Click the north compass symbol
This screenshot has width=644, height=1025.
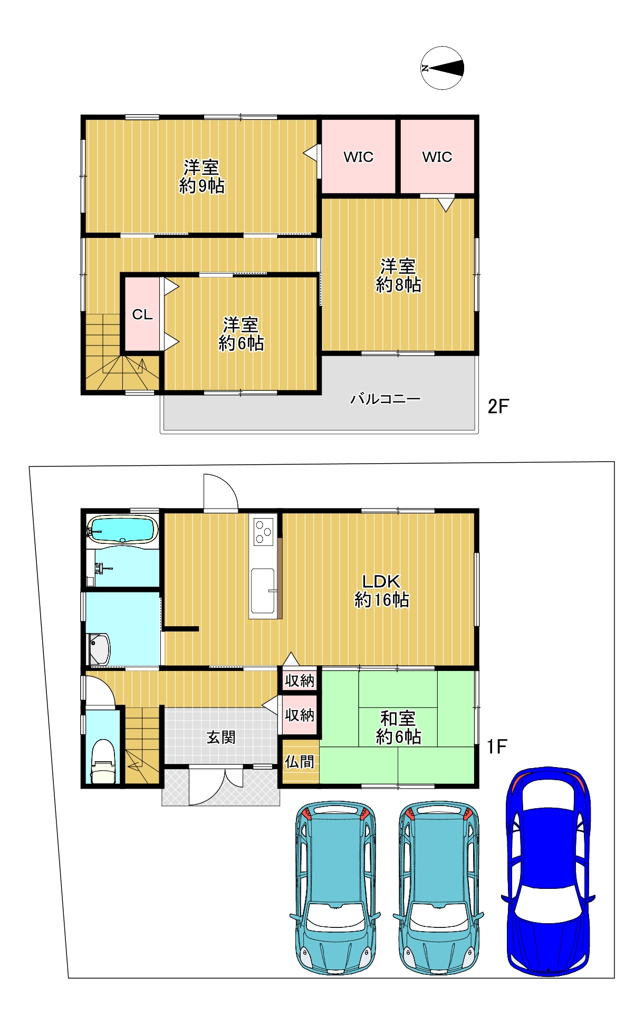(x=442, y=68)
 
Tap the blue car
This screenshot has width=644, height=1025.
(x=549, y=870)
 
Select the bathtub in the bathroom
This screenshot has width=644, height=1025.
(x=122, y=529)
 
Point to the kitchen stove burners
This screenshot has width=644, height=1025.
(x=263, y=532)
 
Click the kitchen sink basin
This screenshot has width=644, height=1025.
(x=263, y=591)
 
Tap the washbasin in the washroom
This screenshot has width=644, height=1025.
(x=99, y=649)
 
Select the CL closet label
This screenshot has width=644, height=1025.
(x=142, y=314)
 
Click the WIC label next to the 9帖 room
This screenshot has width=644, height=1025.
(x=359, y=157)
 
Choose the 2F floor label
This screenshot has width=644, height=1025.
(x=498, y=406)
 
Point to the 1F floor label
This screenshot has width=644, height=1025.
(x=497, y=746)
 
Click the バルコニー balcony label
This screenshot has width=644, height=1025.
(x=386, y=399)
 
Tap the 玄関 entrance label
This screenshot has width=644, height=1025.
(x=221, y=737)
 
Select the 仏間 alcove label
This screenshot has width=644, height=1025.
(x=300, y=762)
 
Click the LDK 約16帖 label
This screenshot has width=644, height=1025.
(x=381, y=591)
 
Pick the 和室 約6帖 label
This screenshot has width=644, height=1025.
(x=398, y=727)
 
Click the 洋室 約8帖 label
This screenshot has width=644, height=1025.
(x=398, y=275)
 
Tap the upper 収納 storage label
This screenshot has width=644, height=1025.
(x=300, y=681)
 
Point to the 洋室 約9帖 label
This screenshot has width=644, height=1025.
(x=201, y=177)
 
